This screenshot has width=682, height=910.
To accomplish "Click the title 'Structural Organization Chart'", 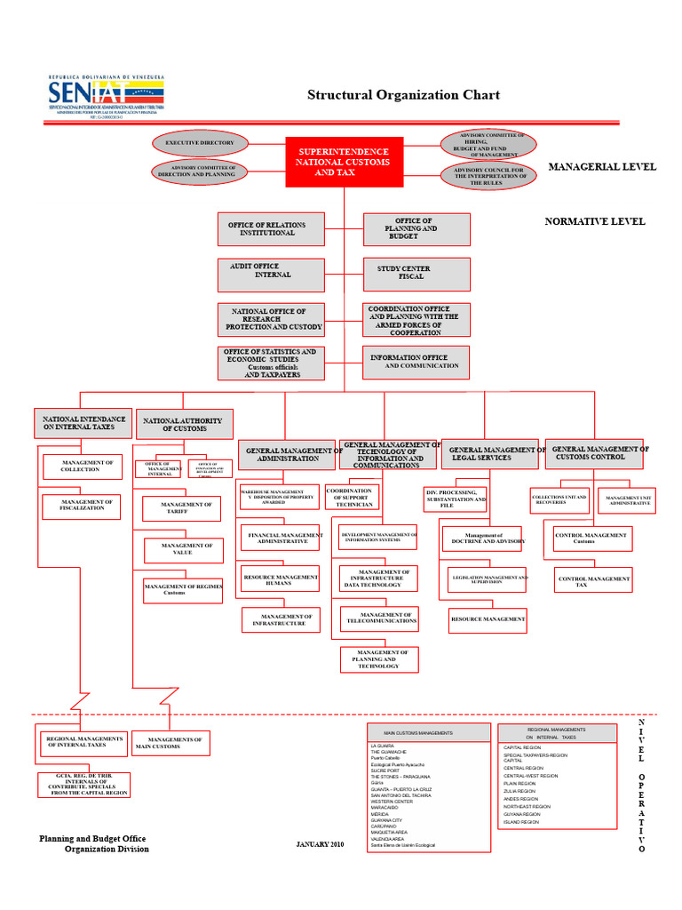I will click(403, 95).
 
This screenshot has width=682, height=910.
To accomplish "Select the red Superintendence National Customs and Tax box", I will click(344, 162).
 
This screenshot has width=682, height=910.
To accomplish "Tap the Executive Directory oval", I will click(200, 142).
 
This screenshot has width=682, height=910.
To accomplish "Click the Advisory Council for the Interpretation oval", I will click(489, 175).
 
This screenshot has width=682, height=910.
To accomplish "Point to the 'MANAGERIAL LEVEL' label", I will click(602, 166).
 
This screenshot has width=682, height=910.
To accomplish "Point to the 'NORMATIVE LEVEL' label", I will click(594, 221).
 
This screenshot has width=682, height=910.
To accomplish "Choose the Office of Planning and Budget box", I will click(416, 229).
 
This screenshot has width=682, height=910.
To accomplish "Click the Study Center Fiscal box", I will click(416, 273).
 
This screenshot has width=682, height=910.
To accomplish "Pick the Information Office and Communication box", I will click(416, 361).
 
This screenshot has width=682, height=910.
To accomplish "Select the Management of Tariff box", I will click(182, 508).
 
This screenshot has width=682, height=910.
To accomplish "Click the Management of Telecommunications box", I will click(380, 618).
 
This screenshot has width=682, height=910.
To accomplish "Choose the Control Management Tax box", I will click(594, 581).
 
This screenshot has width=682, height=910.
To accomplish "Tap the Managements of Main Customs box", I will click(170, 743).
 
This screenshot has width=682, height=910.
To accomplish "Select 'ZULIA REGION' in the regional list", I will click(519, 790).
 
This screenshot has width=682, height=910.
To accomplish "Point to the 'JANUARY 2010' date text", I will click(320, 843).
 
